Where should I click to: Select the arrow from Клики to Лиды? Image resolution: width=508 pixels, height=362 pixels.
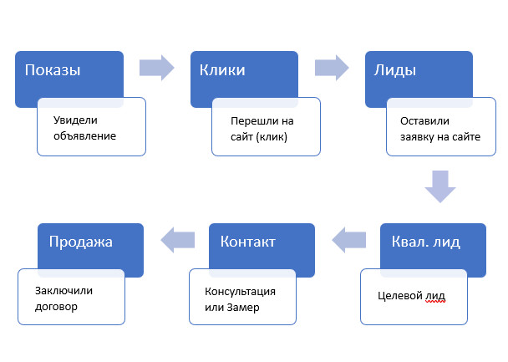pyautogui.click(x=331, y=68)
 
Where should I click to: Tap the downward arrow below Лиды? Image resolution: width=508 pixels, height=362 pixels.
pyautogui.click(x=439, y=186)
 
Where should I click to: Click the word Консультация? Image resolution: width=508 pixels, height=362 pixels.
pyautogui.click(x=239, y=292)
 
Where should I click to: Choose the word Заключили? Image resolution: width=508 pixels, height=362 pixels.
pyautogui.click(x=63, y=291)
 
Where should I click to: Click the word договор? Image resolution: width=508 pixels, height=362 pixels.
pyautogui.click(x=56, y=307)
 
